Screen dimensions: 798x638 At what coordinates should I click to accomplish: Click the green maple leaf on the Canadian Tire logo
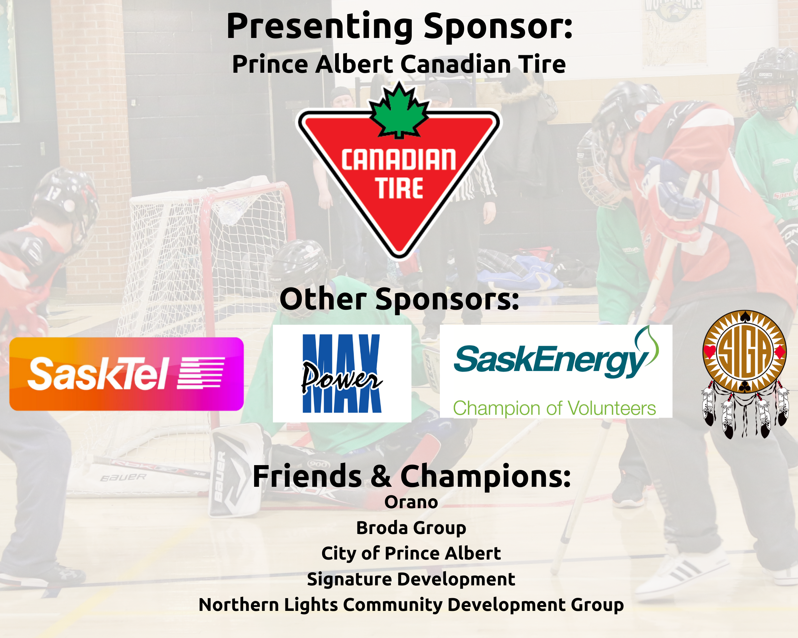(399, 111)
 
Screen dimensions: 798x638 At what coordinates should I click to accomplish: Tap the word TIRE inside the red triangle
(399, 188)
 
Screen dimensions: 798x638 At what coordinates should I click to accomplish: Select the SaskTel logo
(126, 374)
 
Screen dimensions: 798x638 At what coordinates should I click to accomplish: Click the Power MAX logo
(342, 374)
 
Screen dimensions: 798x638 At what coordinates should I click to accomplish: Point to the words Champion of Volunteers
(554, 408)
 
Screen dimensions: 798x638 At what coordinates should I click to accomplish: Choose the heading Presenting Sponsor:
(399, 26)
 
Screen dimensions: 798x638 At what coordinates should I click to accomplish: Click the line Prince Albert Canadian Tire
(399, 64)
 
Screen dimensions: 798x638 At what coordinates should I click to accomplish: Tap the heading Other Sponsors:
(399, 299)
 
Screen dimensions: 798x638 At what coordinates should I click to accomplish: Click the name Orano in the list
(411, 502)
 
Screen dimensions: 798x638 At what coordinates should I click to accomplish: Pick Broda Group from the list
(411, 528)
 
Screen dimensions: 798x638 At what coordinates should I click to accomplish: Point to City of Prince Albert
(411, 553)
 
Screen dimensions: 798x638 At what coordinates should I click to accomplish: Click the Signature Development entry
(411, 579)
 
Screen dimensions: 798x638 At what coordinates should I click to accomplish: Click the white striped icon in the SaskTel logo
(201, 373)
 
